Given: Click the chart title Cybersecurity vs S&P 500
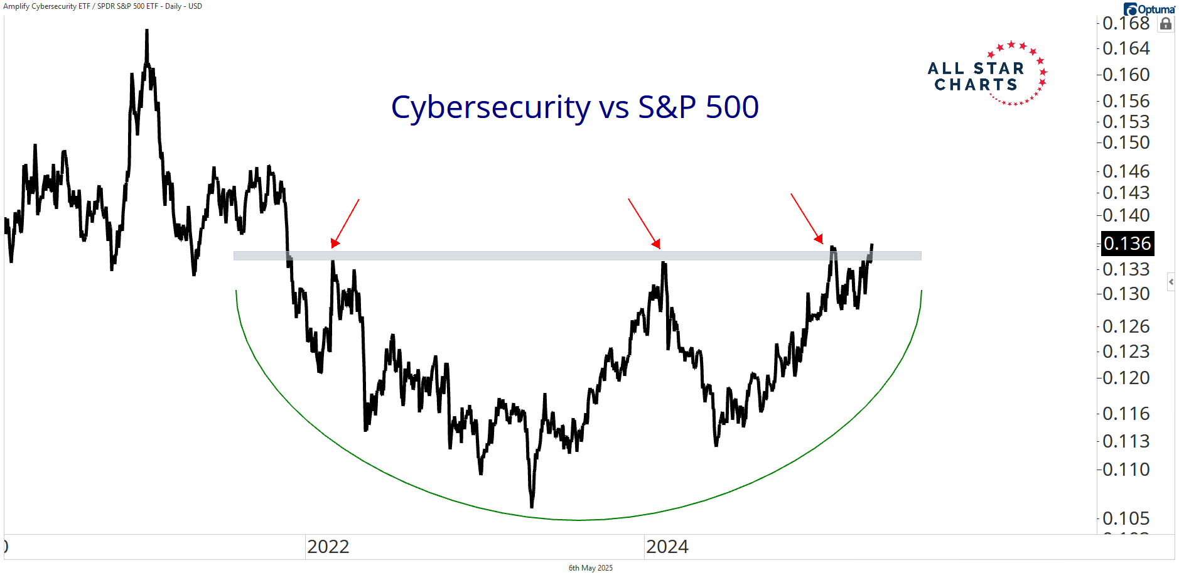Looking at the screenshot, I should (x=574, y=107).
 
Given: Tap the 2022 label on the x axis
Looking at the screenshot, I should (x=328, y=547).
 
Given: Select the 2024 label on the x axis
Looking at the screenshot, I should (x=667, y=547).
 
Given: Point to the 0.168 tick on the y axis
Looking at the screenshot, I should (x=1126, y=23).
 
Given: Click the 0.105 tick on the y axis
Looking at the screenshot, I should (x=1126, y=518).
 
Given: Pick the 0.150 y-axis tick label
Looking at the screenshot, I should (x=1126, y=142).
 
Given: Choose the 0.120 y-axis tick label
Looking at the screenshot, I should (x=1126, y=378).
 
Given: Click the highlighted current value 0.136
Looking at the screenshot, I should (x=1128, y=244).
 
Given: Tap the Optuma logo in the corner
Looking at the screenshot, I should (x=1149, y=9).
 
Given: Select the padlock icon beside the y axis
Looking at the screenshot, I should (x=1166, y=24).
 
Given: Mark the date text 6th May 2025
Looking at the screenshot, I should (x=590, y=568).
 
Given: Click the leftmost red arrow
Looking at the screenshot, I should (x=345, y=223).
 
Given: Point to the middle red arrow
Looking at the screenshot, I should (x=644, y=223).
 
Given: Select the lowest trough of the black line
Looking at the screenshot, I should (x=532, y=505).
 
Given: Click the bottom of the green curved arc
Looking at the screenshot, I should (x=578, y=520).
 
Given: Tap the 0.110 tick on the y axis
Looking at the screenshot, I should (x=1126, y=470).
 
